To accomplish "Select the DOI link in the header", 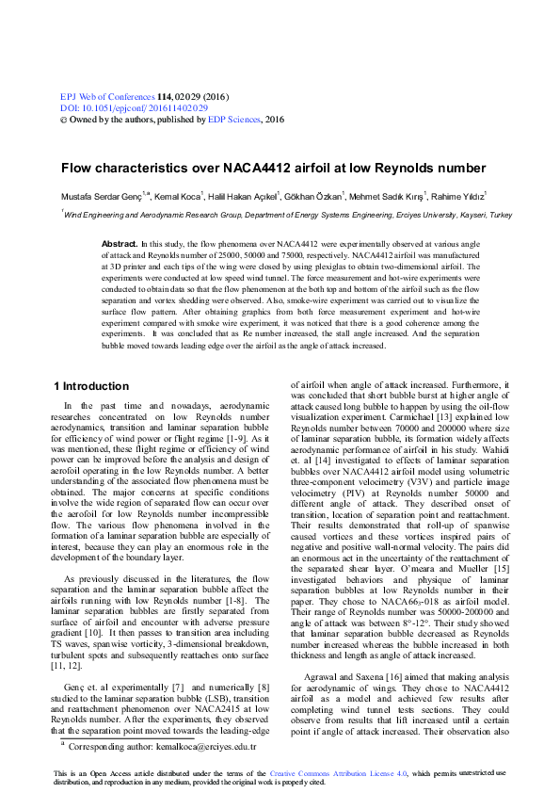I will click(x=122, y=108).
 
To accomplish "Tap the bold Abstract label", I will click(x=120, y=244).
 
